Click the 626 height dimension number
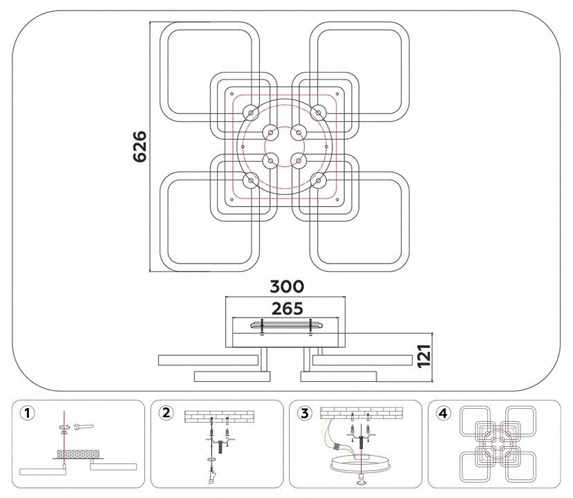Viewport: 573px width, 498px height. click(x=140, y=146)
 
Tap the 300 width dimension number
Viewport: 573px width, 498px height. click(x=287, y=286)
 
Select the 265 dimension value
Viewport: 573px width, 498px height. click(x=288, y=309)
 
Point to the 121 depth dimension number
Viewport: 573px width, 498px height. click(x=424, y=356)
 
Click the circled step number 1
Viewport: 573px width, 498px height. click(x=28, y=414)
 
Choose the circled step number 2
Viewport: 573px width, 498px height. click(x=167, y=413)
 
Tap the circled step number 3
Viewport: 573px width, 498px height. click(x=305, y=414)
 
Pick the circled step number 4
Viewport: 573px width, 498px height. click(x=443, y=414)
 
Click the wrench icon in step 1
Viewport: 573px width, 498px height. click(x=84, y=426)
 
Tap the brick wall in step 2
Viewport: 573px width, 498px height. click(x=219, y=416)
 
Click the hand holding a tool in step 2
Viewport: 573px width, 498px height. click(x=212, y=478)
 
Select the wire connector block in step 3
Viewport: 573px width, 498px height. click(x=338, y=447)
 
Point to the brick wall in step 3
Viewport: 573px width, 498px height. click(x=361, y=413)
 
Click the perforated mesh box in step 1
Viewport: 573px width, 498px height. click(x=78, y=454)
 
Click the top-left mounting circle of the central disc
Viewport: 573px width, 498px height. click(x=251, y=113)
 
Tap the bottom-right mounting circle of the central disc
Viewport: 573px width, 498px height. click(x=319, y=181)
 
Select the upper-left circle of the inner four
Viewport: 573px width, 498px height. click(x=271, y=132)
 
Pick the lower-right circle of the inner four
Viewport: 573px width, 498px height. click(x=299, y=160)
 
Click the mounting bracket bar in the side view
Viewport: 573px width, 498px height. click(x=286, y=324)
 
